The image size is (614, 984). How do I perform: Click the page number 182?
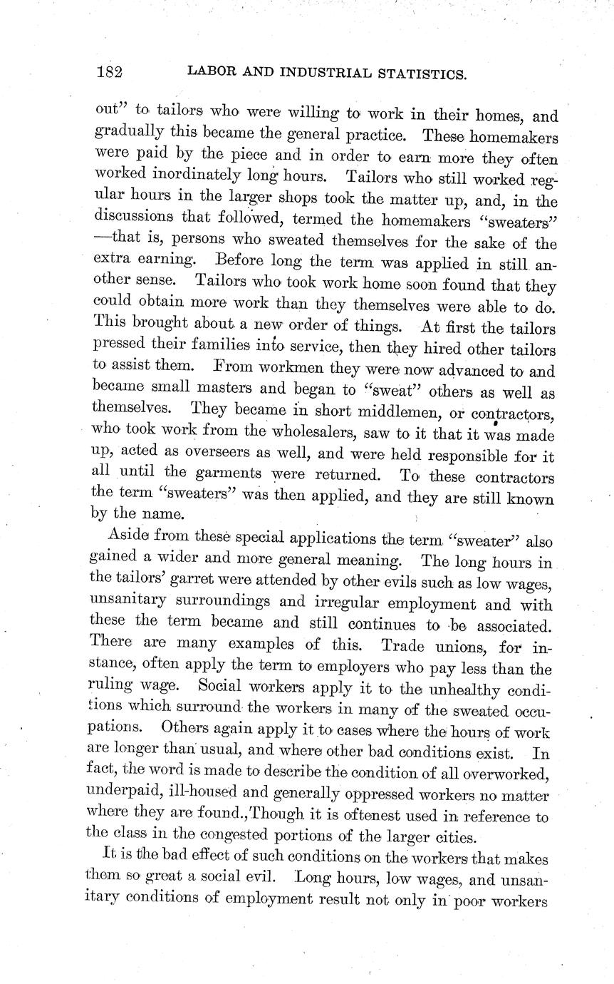110,72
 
